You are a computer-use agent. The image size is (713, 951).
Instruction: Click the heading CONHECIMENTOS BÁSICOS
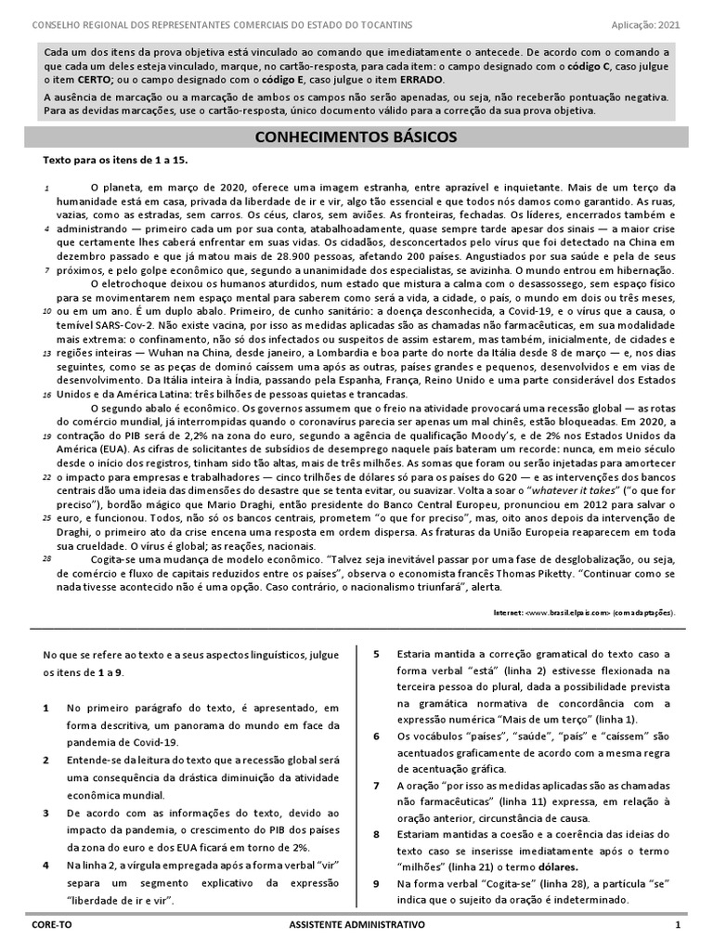pos(356,137)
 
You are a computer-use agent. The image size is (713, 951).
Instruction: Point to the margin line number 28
pos(46,559)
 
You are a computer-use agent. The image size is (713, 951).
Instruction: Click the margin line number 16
pos(46,395)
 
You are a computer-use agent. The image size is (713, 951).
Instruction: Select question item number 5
pos(376,655)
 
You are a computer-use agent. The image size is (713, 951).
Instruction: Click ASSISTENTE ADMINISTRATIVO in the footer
pos(357,926)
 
